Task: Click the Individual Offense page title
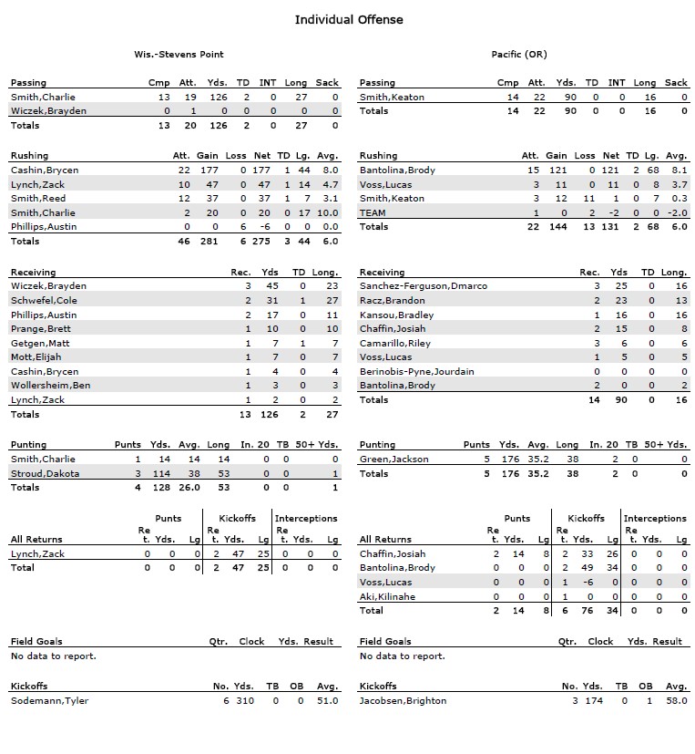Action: point(348,19)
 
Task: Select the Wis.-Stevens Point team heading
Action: point(179,55)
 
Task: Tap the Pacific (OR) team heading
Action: point(518,55)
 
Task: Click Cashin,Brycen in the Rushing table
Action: point(45,170)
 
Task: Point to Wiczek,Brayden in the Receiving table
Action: point(48,286)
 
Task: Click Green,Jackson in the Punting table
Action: point(393,460)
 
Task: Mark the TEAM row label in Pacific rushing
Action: point(373,212)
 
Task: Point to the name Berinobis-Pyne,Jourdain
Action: point(417,372)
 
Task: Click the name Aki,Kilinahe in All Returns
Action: point(387,596)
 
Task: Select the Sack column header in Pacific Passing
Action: point(676,83)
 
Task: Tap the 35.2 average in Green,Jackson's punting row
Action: point(537,460)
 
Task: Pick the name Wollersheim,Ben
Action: point(50,386)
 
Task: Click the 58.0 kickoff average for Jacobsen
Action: point(676,700)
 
